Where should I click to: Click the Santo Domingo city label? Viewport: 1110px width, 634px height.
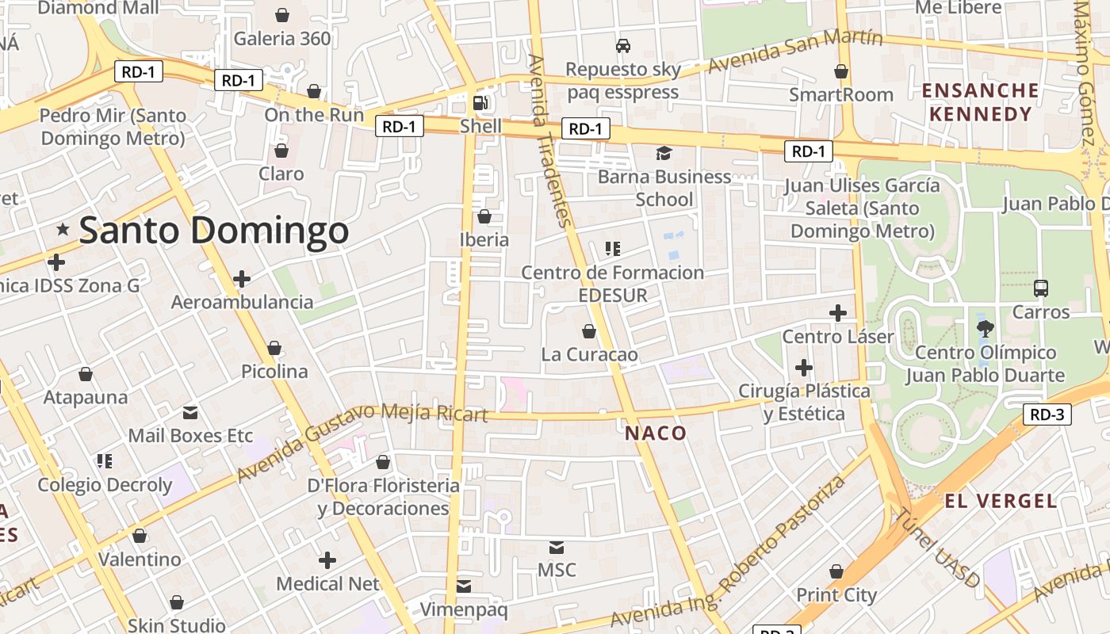[214, 231]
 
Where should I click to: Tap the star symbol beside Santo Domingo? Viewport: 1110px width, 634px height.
[63, 230]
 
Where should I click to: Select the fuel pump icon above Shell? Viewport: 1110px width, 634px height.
[480, 102]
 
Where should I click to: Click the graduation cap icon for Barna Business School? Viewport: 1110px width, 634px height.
[664, 153]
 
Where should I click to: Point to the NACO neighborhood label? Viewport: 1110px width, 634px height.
[656, 433]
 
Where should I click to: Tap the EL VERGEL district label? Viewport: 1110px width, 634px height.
[1001, 501]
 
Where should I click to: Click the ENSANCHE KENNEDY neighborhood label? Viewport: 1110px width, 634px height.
[981, 102]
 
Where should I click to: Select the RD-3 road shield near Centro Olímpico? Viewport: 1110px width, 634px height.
[1047, 414]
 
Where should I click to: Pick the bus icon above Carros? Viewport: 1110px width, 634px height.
[1041, 288]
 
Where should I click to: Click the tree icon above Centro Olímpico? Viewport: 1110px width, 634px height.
[986, 329]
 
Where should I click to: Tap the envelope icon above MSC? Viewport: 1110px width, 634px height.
[557, 547]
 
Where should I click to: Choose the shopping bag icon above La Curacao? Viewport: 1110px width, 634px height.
[589, 330]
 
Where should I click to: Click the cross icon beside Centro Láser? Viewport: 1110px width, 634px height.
[838, 313]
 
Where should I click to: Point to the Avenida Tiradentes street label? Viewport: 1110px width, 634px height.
[549, 140]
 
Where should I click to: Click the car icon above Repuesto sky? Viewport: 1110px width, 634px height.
[623, 46]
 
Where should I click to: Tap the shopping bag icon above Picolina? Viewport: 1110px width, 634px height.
[274, 348]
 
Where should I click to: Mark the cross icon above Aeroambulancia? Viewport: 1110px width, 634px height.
[242, 279]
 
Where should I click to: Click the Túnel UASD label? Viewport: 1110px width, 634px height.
[937, 548]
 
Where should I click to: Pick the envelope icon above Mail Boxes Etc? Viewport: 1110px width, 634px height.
[190, 412]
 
